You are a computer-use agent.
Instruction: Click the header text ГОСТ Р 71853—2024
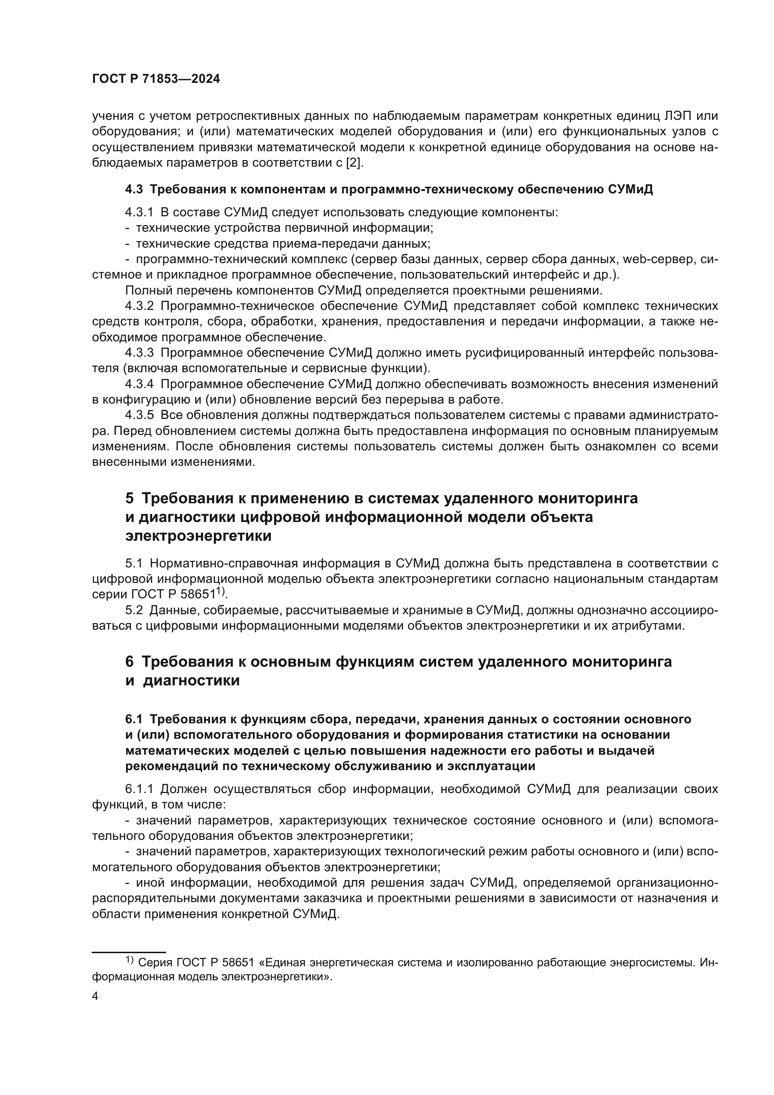(156, 79)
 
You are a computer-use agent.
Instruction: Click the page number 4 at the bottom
(95, 996)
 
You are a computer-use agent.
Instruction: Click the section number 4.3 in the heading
(134, 189)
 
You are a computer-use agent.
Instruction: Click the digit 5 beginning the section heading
(130, 499)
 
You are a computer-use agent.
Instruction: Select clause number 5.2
(134, 610)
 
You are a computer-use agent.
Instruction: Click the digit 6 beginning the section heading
(130, 662)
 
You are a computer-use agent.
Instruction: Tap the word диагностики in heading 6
(191, 681)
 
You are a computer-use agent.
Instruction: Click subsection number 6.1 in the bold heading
(134, 719)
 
